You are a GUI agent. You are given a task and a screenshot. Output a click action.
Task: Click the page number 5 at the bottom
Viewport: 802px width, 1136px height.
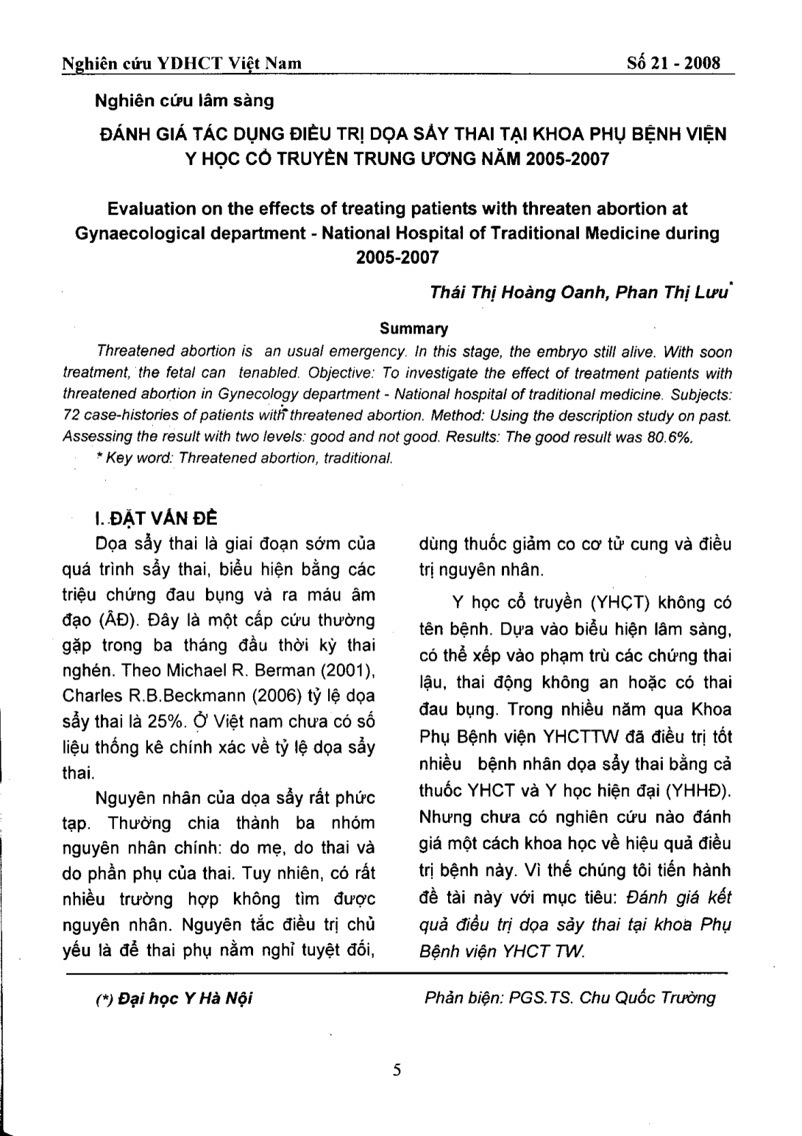(397, 1070)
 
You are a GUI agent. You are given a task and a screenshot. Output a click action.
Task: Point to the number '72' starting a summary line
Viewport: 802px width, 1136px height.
(72, 415)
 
